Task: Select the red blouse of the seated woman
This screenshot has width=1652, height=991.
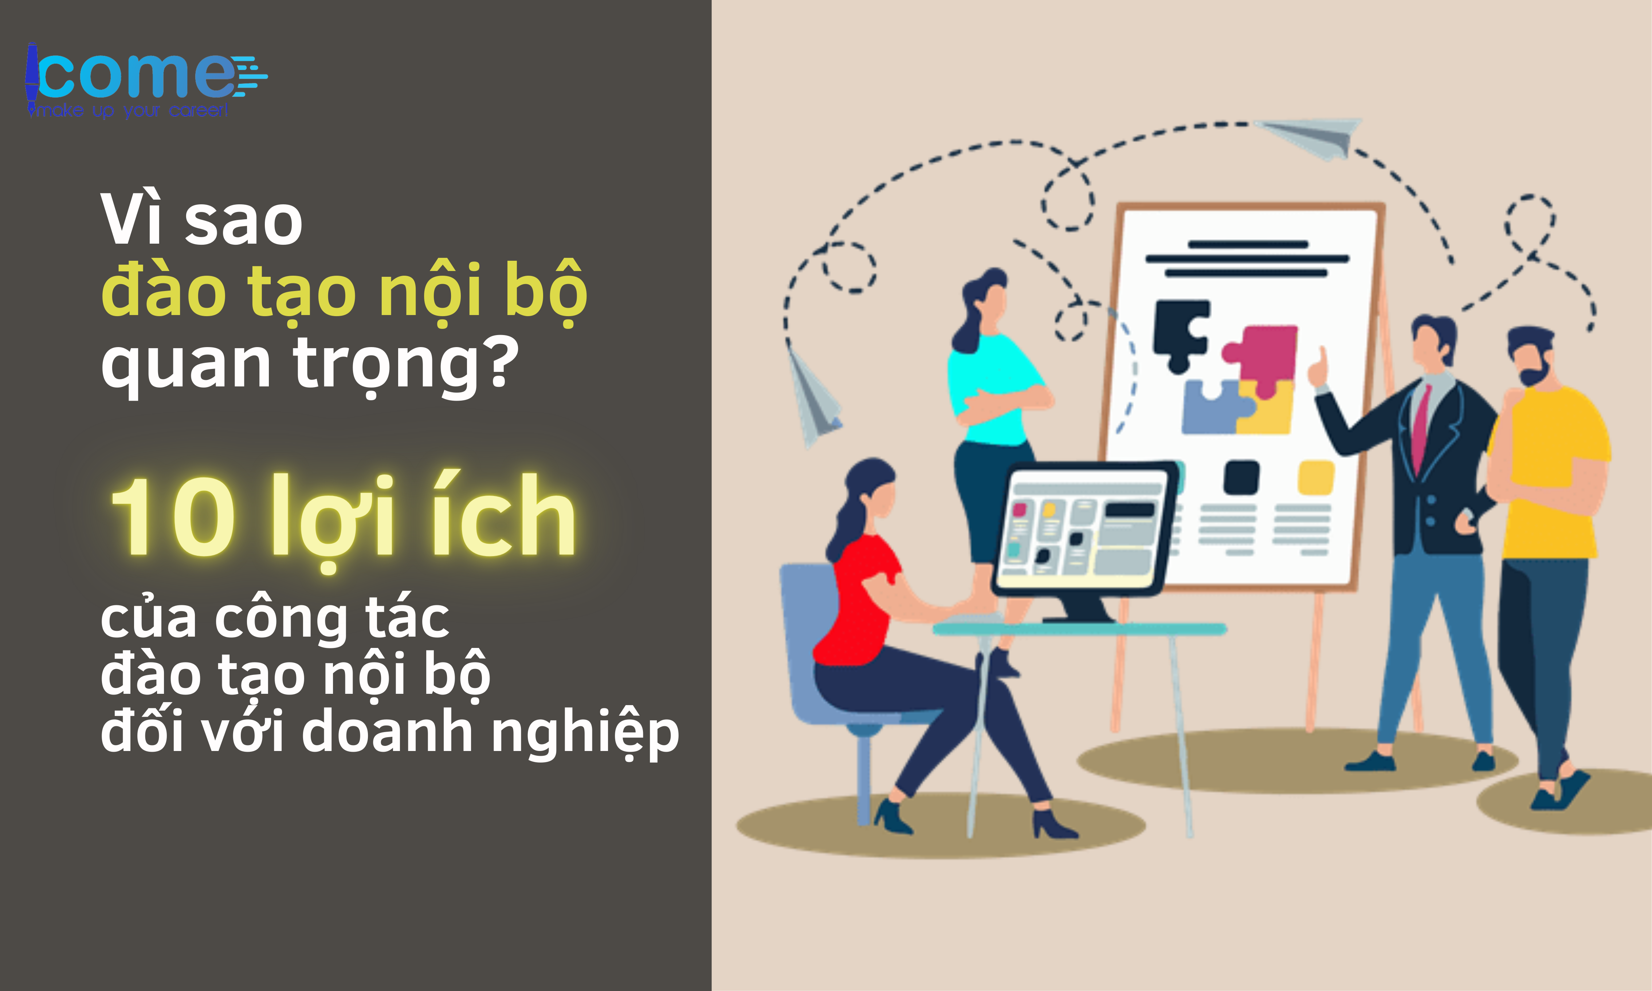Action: pyautogui.click(x=862, y=601)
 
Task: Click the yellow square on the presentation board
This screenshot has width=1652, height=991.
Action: pyautogui.click(x=1315, y=477)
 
